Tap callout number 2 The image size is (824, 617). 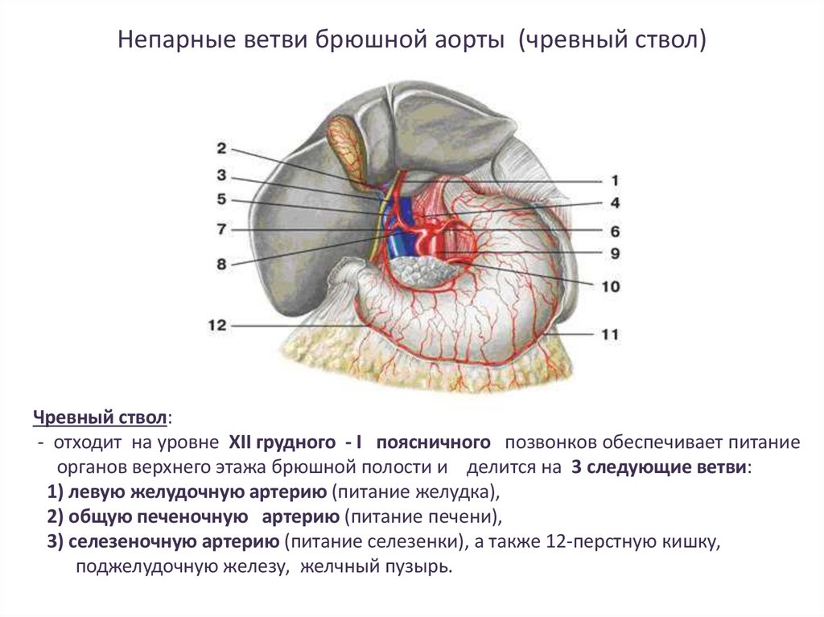(221, 148)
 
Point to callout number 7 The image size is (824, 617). (221, 229)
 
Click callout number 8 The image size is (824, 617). (221, 262)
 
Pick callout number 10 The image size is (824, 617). (611, 286)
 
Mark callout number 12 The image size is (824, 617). (217, 326)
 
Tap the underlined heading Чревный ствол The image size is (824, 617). (101, 419)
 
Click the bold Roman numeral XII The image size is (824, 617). (243, 443)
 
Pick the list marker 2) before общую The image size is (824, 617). (56, 516)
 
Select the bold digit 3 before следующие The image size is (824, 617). (576, 467)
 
